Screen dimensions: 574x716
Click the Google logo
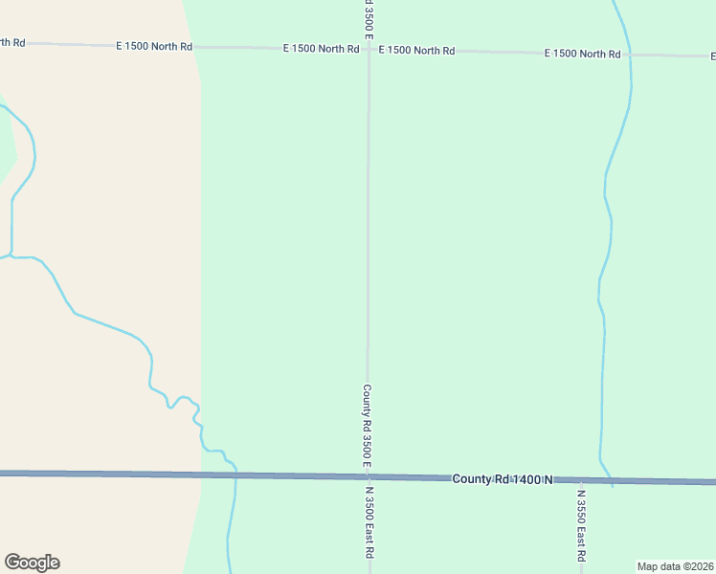tap(32, 563)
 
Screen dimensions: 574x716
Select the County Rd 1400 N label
tap(503, 478)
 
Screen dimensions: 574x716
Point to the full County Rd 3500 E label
tap(367, 427)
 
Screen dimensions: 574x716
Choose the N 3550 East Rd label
tap(581, 526)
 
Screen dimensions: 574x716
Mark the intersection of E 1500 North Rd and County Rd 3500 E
tap(369, 49)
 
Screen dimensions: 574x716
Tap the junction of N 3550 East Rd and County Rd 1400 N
tap(581, 480)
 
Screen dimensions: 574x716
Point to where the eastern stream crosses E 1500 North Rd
tap(629, 55)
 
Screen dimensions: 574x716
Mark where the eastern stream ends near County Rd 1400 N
tap(612, 485)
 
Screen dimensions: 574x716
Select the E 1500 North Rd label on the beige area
tap(12, 42)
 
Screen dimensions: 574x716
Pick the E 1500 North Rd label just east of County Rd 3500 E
tap(416, 50)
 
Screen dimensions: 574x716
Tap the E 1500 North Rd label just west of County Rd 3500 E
tap(321, 48)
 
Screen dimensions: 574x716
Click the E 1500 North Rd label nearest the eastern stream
tap(582, 54)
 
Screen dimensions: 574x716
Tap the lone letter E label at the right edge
tap(712, 55)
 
